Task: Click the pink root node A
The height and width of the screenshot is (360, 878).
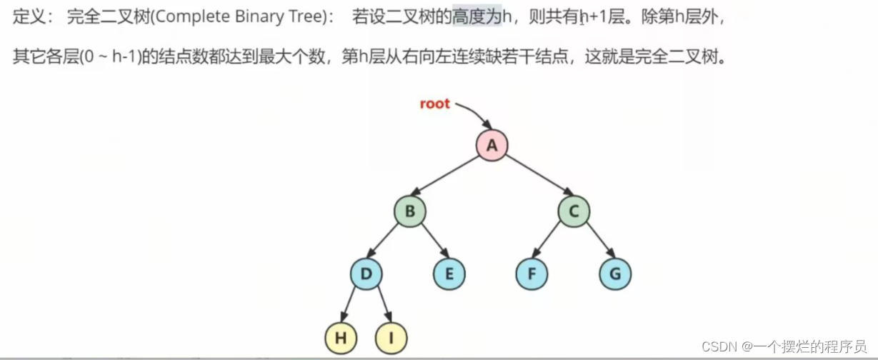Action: (492, 146)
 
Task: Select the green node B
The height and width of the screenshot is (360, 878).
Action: (410, 211)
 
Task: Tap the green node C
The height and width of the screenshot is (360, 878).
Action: (574, 211)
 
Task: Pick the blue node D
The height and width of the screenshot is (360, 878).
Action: (366, 274)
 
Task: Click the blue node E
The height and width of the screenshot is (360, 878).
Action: (449, 274)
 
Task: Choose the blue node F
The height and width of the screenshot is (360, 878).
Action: (532, 274)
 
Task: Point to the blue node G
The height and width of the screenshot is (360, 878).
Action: (615, 274)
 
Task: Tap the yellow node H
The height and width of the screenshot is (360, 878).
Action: (341, 338)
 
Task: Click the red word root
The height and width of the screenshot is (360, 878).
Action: (434, 104)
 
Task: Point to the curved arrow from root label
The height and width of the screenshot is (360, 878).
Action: (473, 113)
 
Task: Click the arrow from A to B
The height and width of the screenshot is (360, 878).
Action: (450, 178)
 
